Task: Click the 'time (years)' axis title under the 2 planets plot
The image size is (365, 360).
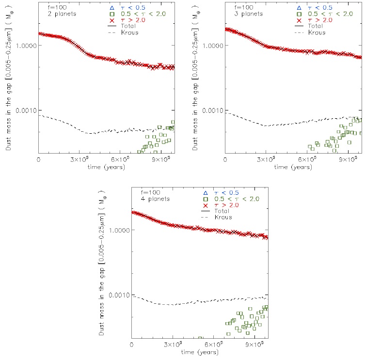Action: click(x=106, y=167)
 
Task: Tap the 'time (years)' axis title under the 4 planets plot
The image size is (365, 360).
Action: click(x=199, y=351)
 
